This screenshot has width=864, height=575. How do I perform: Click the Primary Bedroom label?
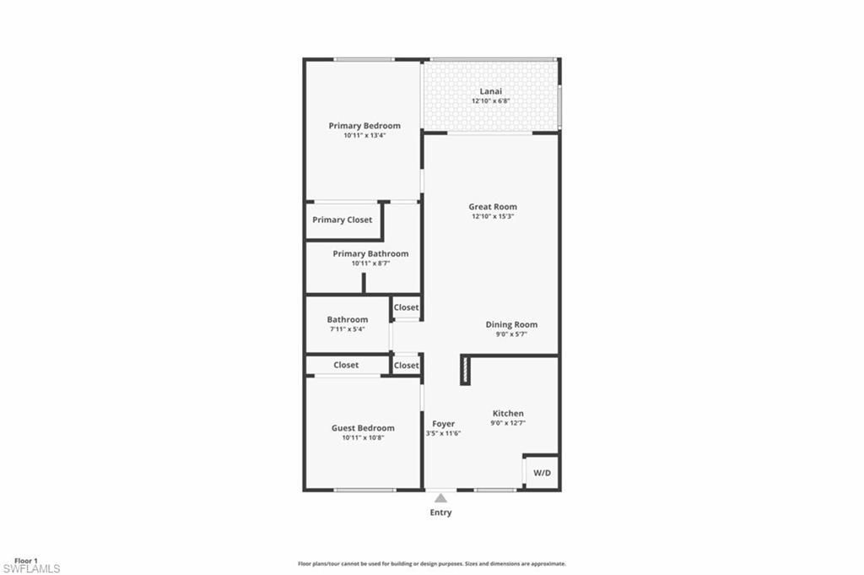coord(364,126)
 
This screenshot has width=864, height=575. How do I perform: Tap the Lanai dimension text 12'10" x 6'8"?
coord(490,101)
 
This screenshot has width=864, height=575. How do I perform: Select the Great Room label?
coord(493,207)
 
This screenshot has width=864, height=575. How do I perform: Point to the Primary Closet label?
coord(342,220)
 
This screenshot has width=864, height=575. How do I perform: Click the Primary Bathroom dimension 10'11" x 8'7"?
coord(370,263)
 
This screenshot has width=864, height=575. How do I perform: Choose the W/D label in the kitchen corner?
coord(542,473)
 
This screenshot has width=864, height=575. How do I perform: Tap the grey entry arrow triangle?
coord(440,498)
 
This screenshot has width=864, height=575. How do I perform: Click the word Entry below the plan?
coord(440,513)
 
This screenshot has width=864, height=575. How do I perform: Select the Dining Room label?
coord(511,324)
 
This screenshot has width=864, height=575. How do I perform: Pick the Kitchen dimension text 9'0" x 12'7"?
coord(508,423)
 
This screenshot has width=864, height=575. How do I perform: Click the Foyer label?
coord(444,424)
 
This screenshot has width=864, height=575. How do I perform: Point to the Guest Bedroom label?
coord(363,428)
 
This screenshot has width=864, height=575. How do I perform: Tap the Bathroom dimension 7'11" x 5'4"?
coord(348,329)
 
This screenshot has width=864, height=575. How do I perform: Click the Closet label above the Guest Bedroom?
coord(346,365)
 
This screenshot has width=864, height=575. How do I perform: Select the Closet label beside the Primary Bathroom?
coord(406,307)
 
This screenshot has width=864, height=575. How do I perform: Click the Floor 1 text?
coord(26,561)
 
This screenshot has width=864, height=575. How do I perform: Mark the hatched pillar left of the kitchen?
coord(464,370)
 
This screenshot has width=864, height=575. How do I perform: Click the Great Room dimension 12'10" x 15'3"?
coord(493,216)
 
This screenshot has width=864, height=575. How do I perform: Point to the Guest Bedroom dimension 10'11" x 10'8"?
coord(363,437)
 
